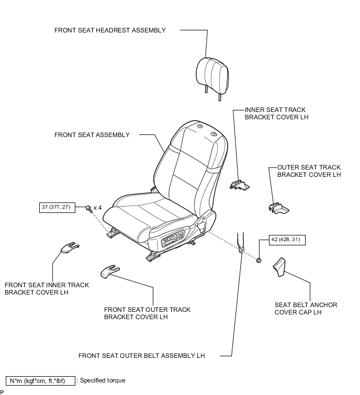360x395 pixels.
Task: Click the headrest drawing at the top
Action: point(212,75)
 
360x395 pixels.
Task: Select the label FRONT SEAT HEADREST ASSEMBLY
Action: point(110,30)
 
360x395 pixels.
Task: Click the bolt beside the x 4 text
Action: point(88,208)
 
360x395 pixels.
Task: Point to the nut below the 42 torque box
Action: point(258,259)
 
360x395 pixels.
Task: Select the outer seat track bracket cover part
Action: point(278,208)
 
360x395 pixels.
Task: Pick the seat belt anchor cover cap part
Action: point(278,267)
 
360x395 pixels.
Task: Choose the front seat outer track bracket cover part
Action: point(108,270)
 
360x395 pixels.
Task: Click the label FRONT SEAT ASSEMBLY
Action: point(92,135)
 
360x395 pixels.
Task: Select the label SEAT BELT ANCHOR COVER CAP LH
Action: point(306,309)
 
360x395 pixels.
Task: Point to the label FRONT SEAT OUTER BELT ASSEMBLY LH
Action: point(141,356)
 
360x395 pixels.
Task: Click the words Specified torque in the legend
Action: point(103,381)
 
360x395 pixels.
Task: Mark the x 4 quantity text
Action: point(98,208)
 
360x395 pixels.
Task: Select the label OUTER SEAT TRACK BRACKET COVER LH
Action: point(309,171)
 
